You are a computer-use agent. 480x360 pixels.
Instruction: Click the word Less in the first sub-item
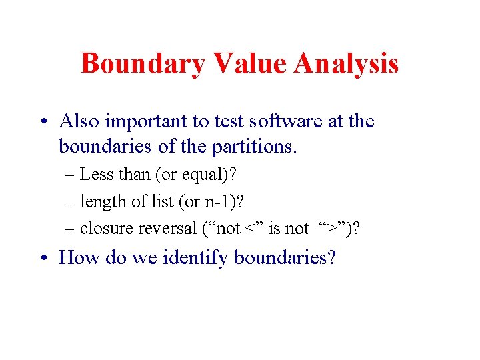(96, 175)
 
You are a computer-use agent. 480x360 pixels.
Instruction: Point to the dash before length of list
(71, 201)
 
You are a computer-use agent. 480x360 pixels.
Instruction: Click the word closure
(107, 229)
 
